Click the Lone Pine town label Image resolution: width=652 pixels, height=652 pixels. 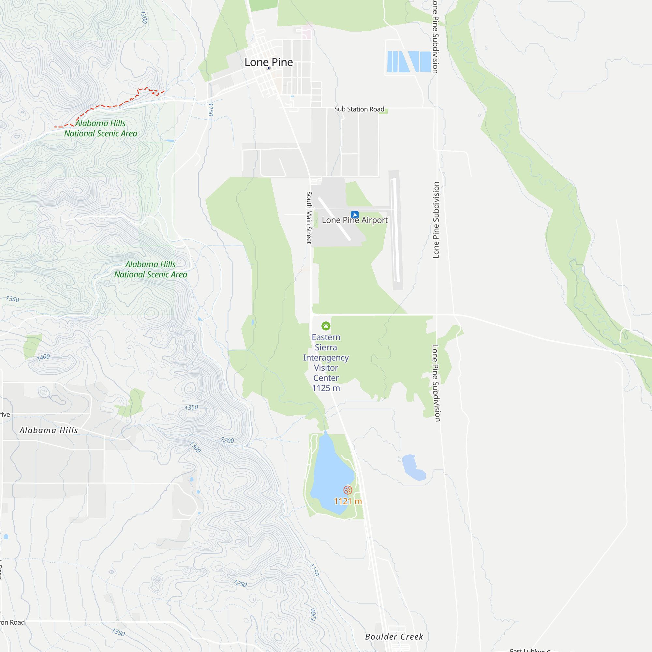click(269, 62)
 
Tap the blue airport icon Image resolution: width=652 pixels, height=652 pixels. click(354, 215)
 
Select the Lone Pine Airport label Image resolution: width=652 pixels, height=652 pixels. click(355, 220)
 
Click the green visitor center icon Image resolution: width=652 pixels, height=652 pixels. click(326, 326)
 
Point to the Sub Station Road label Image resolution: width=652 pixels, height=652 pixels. click(359, 109)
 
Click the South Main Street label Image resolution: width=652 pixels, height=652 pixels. click(309, 217)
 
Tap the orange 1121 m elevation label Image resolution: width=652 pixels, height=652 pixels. click(348, 501)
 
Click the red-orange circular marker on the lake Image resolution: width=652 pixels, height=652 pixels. click(348, 490)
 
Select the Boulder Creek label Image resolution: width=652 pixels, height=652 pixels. click(394, 637)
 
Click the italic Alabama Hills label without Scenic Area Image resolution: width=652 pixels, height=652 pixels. click(49, 430)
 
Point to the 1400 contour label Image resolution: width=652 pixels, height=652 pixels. click(44, 357)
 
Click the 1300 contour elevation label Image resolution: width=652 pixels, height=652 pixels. click(195, 447)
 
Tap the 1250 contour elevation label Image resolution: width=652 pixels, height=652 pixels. click(240, 584)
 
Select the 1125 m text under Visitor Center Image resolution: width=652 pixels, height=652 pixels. click(326, 388)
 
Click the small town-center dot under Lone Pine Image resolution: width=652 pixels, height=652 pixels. click(269, 68)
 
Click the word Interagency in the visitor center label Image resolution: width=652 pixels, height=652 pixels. click(326, 358)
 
